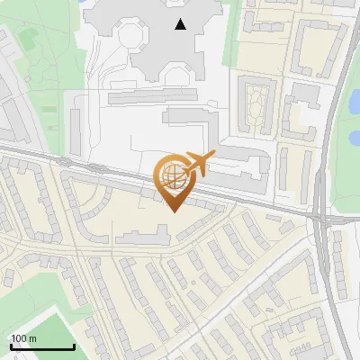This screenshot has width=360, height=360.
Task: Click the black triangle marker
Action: [182, 24]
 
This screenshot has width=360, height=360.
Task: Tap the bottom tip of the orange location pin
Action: [173, 211]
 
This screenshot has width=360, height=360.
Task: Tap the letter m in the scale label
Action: [33, 338]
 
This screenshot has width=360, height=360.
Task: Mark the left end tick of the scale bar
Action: [10, 346]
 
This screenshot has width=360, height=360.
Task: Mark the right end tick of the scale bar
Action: [74, 346]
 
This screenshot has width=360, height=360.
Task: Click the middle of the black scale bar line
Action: [41, 347]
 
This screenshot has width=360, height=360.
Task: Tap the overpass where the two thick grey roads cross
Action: [322, 218]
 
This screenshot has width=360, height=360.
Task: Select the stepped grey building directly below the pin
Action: [142, 237]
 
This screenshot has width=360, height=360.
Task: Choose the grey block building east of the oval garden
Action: [305, 94]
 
